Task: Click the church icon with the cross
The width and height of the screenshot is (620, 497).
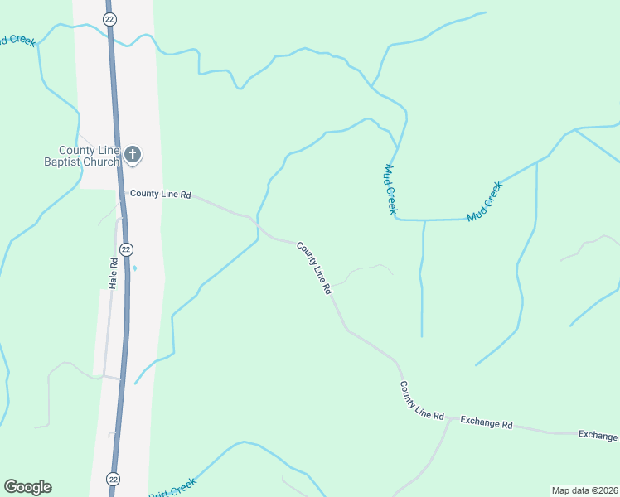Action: click(133, 154)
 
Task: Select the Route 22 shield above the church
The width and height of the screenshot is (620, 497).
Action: click(109, 18)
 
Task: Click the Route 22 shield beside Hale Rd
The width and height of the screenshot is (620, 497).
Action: click(125, 248)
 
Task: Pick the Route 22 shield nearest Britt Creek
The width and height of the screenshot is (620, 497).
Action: click(114, 479)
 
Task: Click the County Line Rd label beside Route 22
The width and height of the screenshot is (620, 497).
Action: click(161, 194)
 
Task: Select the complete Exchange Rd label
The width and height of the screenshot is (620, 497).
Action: click(487, 422)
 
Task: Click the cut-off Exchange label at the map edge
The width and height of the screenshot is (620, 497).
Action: click(598, 435)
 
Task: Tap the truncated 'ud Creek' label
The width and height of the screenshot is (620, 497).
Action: click(17, 40)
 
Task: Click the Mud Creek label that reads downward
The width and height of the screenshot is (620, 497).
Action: click(388, 189)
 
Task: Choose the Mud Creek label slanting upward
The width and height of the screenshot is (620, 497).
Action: click(485, 201)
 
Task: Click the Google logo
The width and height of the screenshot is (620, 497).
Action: click(27, 487)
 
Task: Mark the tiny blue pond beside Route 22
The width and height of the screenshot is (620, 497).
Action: click(135, 268)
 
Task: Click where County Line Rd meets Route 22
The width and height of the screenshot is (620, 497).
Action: click(122, 193)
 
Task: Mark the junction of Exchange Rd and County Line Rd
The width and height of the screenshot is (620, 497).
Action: click(451, 419)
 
